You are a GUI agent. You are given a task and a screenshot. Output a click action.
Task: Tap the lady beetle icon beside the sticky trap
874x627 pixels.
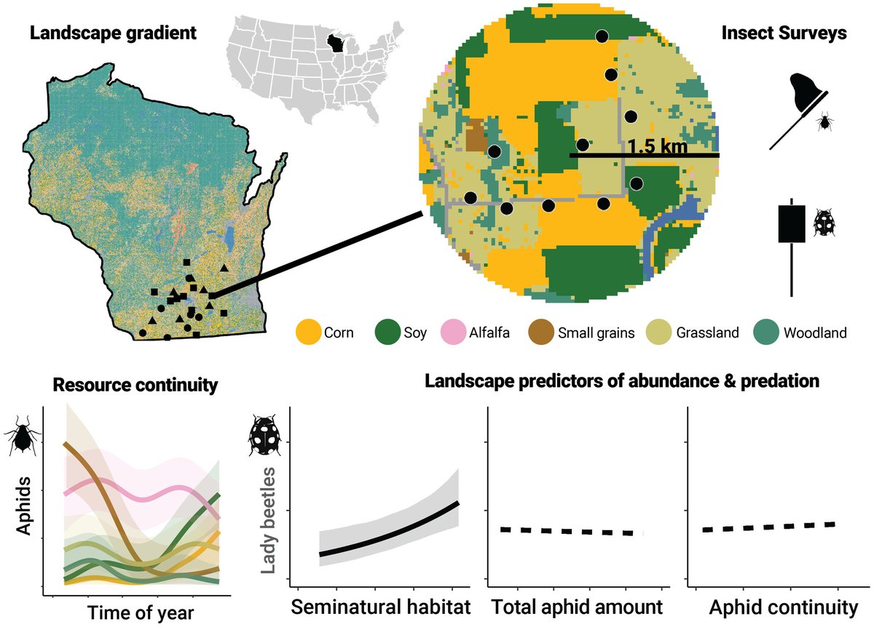(824, 222)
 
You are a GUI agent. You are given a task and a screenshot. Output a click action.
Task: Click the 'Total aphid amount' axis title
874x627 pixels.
(576, 606)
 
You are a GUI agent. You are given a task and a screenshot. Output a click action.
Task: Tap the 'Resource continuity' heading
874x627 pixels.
(135, 385)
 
